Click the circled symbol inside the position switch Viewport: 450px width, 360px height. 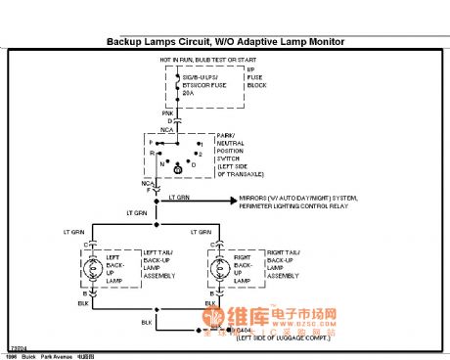coord(177,170)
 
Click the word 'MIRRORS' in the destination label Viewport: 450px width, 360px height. coord(253,197)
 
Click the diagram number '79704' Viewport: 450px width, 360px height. coord(18,347)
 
